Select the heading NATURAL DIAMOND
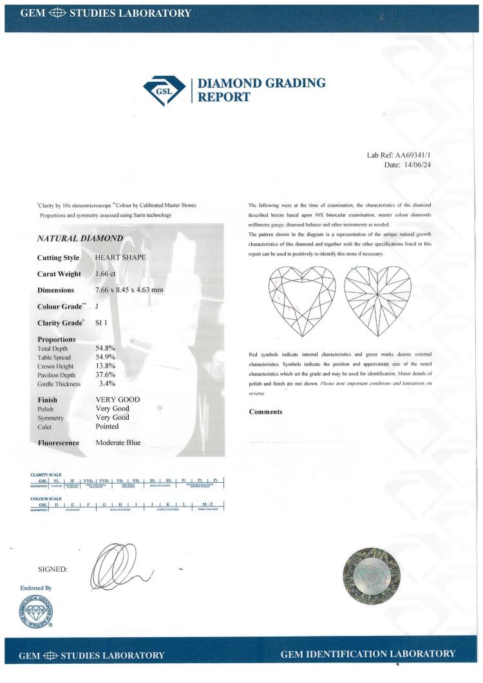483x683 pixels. pos(80,239)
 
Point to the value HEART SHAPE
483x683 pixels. pos(120,257)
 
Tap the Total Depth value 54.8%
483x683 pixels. pos(105,348)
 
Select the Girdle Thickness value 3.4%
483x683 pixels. pos(106,384)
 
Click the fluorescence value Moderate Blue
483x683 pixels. pos(118,443)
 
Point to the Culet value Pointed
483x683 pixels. pos(107,426)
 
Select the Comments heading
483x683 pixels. pos(265,411)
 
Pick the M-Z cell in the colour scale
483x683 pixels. pos(207,504)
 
